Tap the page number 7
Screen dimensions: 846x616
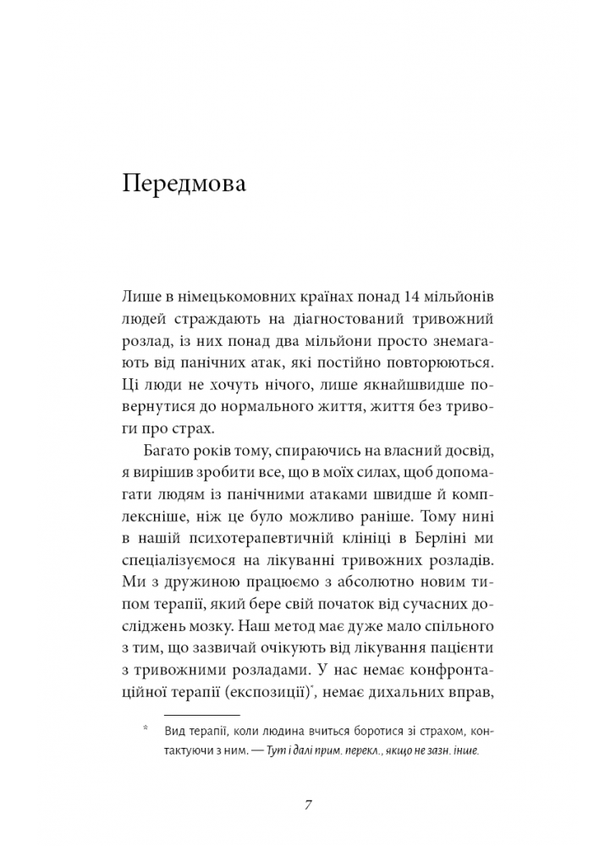pos(309,804)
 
